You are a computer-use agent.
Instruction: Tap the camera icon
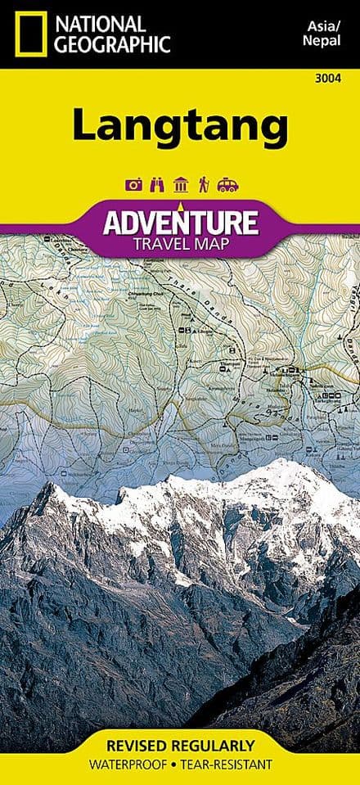point(133,185)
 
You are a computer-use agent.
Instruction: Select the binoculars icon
point(156,185)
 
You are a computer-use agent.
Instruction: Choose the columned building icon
point(180,185)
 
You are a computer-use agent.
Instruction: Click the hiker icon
point(203,185)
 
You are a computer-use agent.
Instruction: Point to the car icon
point(227,185)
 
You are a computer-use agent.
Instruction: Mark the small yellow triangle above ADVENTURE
point(180,202)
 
